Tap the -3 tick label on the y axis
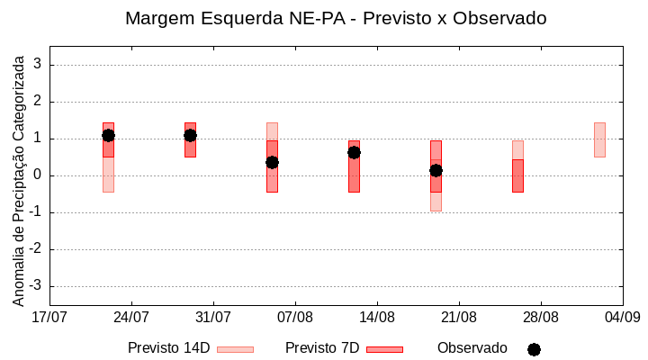(36, 286)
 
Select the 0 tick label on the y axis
(39, 175)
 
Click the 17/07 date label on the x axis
(50, 317)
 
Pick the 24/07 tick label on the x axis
(132, 317)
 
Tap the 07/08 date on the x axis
(295, 317)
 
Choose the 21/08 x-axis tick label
(459, 317)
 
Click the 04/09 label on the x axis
(622, 317)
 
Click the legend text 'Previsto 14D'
(168, 348)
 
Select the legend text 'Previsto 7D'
(321, 348)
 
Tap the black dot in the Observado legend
(534, 349)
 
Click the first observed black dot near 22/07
(108, 135)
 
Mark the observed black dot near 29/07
(190, 135)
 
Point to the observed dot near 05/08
(272, 162)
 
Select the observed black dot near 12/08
(354, 152)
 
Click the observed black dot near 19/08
(436, 170)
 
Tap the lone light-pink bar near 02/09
(599, 139)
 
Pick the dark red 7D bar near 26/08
(517, 175)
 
